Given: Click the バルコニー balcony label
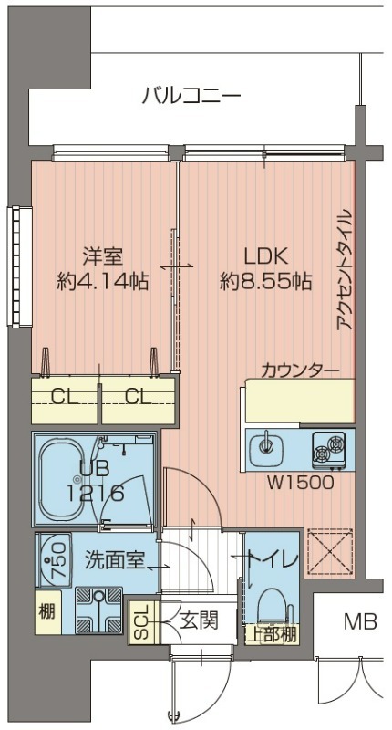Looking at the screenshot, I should pos(191,95).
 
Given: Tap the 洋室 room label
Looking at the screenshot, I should pos(103,257).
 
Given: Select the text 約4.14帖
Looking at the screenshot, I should pos(103,282).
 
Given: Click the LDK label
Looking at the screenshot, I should pos(265,257).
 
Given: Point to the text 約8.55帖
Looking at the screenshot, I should pos(265,282).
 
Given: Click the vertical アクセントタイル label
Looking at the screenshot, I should pos(345,275).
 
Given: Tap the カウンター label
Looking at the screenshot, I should pos(300,370).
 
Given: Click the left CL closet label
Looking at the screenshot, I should pos(63,398).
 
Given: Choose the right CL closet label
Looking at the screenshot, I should pos(138,398).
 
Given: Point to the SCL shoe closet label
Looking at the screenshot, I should pos(142,622).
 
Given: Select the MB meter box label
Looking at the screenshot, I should pos(360,622).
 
